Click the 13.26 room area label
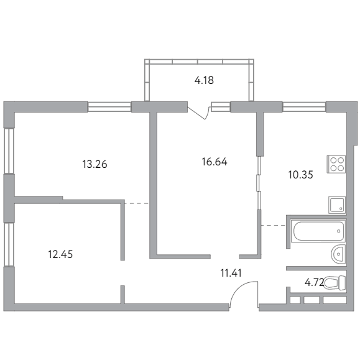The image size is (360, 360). [x=95, y=164]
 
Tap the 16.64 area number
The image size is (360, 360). [x=215, y=162]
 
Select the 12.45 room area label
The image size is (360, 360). [x=60, y=254]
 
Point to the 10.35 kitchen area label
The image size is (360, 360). [x=300, y=175]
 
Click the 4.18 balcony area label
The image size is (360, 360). [x=204, y=81]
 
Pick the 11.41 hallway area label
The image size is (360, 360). [x=231, y=273]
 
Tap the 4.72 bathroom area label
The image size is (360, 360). [x=314, y=282]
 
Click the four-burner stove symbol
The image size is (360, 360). [x=336, y=164]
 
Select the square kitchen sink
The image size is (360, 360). [x=337, y=205]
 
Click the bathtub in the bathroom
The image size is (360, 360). [x=318, y=231]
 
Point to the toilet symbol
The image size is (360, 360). [x=335, y=282]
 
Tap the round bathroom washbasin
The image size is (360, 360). [x=338, y=254]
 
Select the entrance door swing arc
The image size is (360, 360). [x=240, y=289]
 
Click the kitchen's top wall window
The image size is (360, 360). [x=304, y=107]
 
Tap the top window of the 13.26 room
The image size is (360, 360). [x=109, y=107]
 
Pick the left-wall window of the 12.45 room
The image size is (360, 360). [x=9, y=244]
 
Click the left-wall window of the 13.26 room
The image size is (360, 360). [x=9, y=150]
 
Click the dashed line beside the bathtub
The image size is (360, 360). [x=274, y=226]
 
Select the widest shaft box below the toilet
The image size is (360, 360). [x=335, y=300]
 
